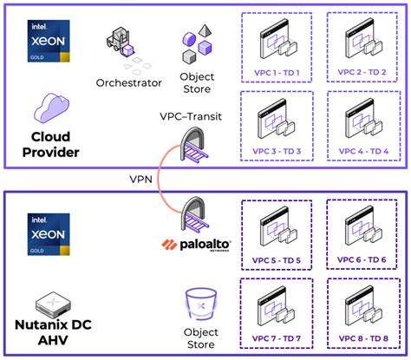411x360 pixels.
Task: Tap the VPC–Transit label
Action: point(190,116)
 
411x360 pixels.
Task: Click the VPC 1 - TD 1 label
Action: point(278,72)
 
